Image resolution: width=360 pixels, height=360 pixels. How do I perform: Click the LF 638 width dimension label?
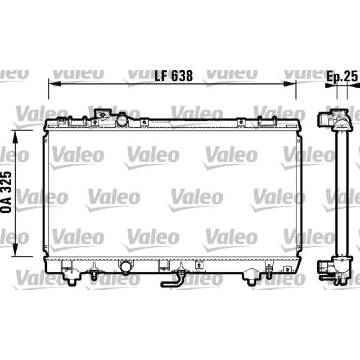pos(173,76)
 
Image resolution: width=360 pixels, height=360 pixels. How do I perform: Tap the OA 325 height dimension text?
pos(6,192)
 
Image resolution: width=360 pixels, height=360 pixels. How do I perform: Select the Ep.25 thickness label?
pos(342,76)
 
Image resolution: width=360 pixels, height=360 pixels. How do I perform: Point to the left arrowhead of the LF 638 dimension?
pos(54,84)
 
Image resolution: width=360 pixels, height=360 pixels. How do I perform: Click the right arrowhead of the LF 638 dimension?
pos(290,84)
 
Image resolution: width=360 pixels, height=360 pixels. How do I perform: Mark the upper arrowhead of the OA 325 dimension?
pos(15,137)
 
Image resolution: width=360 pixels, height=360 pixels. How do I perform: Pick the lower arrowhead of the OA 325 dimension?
pos(15,250)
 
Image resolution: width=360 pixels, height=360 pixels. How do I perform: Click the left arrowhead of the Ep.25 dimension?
pos(331,85)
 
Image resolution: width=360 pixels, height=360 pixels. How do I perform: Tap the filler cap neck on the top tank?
pos(103,114)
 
